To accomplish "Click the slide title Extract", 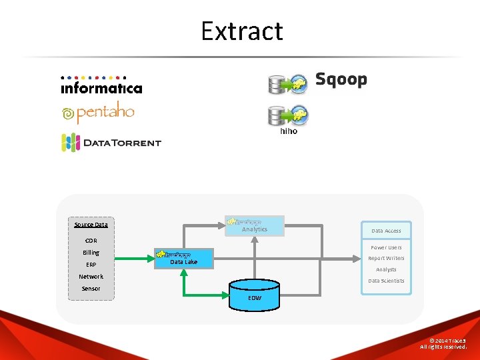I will [242, 31].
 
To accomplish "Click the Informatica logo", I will [101, 85].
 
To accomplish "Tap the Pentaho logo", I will [98, 114].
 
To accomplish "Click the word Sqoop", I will [341, 80].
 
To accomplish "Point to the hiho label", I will [289, 131].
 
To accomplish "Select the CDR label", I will [91, 241].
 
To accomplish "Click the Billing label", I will [91, 253].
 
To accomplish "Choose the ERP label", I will [91, 265].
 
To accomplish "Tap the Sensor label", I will [91, 289].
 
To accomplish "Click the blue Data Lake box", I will [185, 259].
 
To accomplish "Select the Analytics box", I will [255, 226].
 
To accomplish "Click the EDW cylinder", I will [255, 294].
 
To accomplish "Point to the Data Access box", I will [386, 231].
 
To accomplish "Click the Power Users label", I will [386, 247].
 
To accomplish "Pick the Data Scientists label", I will [386, 281].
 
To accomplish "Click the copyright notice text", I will [447, 343].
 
